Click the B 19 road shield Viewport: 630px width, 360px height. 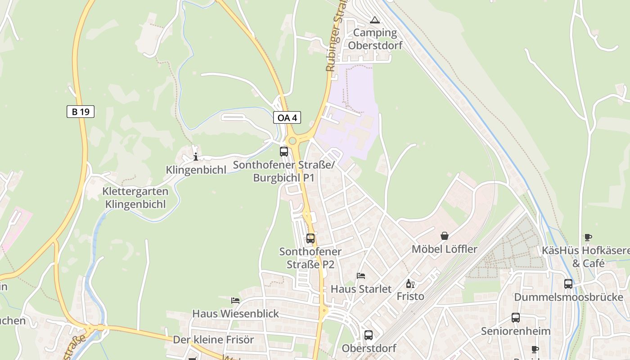tap(81, 112)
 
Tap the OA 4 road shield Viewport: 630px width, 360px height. tap(287, 118)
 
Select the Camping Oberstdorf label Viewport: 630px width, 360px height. tap(374, 39)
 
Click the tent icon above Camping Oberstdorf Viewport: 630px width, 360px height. tap(374, 20)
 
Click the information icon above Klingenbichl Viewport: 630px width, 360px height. tap(196, 157)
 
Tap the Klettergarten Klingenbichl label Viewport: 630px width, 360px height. tap(135, 198)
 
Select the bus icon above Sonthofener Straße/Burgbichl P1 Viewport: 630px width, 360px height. tap(284, 152)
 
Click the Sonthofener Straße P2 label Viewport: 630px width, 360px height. tap(310, 258)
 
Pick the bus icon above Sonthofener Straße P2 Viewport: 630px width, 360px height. tap(310, 238)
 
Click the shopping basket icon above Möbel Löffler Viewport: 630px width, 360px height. tap(445, 236)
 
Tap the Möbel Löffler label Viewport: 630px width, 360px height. tap(445, 249)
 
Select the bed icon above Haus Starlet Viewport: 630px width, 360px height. tap(361, 275)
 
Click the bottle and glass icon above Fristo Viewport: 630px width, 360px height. tap(410, 283)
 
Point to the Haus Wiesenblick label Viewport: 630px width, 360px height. tap(236, 314)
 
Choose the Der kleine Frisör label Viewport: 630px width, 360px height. tap(214, 340)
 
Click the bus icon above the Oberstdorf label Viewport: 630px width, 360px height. tap(369, 335)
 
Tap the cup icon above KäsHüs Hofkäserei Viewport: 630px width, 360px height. tap(588, 237)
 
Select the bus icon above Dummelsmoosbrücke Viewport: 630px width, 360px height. tap(568, 284)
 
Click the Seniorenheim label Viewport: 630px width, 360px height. tap(516, 331)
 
